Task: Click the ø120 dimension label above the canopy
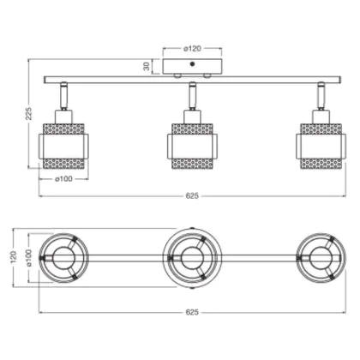[x=192, y=49]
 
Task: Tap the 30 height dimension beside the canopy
[x=147, y=66]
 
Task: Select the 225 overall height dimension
[x=29, y=113]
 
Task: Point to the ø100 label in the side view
[x=63, y=179]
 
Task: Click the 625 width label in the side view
[x=192, y=196]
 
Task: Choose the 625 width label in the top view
[x=192, y=312]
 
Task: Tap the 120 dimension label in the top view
[x=14, y=257]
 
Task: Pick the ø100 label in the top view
[x=29, y=258]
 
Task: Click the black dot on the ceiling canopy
[x=192, y=64]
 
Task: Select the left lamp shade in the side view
[x=63, y=147]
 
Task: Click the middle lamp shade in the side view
[x=192, y=147]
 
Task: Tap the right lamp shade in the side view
[x=321, y=147]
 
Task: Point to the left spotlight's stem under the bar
[x=63, y=96]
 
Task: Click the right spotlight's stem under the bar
[x=321, y=96]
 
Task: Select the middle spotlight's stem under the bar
[x=192, y=96]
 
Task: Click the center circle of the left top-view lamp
[x=63, y=258]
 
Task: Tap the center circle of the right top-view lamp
[x=321, y=258]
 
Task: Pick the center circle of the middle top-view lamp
[x=192, y=258]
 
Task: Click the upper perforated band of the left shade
[x=63, y=129]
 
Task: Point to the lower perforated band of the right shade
[x=321, y=164]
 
